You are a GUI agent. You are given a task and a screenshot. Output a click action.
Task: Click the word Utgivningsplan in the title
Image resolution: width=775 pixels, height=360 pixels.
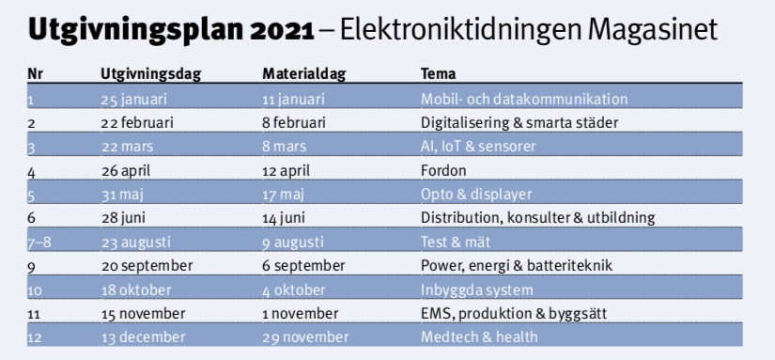pos(135,31)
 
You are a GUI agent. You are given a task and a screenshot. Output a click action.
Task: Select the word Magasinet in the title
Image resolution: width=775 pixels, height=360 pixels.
pos(653,31)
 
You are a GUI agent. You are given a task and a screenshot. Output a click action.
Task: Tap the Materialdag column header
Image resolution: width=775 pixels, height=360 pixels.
pos(304,73)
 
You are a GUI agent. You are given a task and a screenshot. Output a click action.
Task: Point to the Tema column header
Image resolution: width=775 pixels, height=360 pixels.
pos(438,73)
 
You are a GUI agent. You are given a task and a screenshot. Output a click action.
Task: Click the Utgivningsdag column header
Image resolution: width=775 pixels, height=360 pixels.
pos(150,74)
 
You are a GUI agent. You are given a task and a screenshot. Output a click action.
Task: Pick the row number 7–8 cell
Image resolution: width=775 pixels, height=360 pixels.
pos(39,243)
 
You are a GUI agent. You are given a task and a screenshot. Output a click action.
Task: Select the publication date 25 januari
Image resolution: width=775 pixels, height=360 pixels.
pos(134,100)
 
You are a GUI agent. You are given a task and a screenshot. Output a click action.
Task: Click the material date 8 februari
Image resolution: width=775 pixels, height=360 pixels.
pos(294,122)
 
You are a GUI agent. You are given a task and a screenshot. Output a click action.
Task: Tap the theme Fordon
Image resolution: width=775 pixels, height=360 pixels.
pos(443,171)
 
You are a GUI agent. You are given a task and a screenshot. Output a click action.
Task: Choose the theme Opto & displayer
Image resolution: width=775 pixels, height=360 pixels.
pos(476,195)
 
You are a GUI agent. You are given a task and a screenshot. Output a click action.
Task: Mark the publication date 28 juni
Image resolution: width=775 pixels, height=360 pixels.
pos(123,218)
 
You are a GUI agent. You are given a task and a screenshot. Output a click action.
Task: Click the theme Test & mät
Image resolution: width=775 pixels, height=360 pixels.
pos(456,242)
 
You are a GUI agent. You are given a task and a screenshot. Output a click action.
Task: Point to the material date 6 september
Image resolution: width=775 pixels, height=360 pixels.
pos(303,266)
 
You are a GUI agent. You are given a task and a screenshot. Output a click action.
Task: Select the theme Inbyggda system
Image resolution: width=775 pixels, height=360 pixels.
pos(476,290)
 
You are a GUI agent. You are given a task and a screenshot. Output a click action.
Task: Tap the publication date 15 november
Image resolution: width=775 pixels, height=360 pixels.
pos(144,314)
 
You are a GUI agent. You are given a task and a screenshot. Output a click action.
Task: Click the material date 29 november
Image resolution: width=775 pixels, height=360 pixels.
pos(305,337)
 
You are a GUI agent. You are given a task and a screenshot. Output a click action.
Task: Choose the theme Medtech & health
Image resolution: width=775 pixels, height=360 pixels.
pos(479,337)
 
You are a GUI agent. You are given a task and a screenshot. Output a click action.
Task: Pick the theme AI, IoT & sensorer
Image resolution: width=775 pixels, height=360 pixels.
pos(478,147)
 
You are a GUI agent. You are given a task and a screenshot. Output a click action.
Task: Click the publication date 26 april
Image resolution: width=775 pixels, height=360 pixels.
pos(126,171)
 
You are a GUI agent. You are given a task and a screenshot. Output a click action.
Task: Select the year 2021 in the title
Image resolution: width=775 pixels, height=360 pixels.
pos(282,31)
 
